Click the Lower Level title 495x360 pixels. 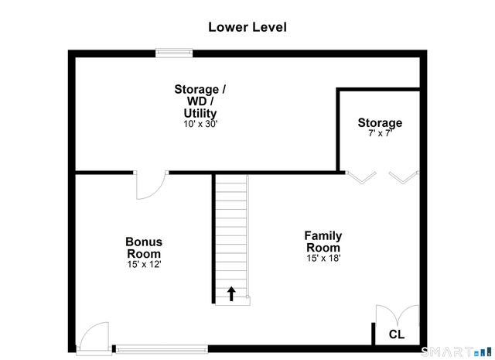247,27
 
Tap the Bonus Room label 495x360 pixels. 144,248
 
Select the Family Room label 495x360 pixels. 323,242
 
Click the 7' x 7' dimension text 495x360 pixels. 380,134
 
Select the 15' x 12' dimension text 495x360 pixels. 144,264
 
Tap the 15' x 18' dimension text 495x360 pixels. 323,258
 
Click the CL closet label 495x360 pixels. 396,334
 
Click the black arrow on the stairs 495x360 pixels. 230,294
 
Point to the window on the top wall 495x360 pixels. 174,53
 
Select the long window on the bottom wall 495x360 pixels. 160,348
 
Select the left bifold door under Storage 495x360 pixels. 357,177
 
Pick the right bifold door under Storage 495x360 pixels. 402,177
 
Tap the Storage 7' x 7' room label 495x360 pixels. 380,123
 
